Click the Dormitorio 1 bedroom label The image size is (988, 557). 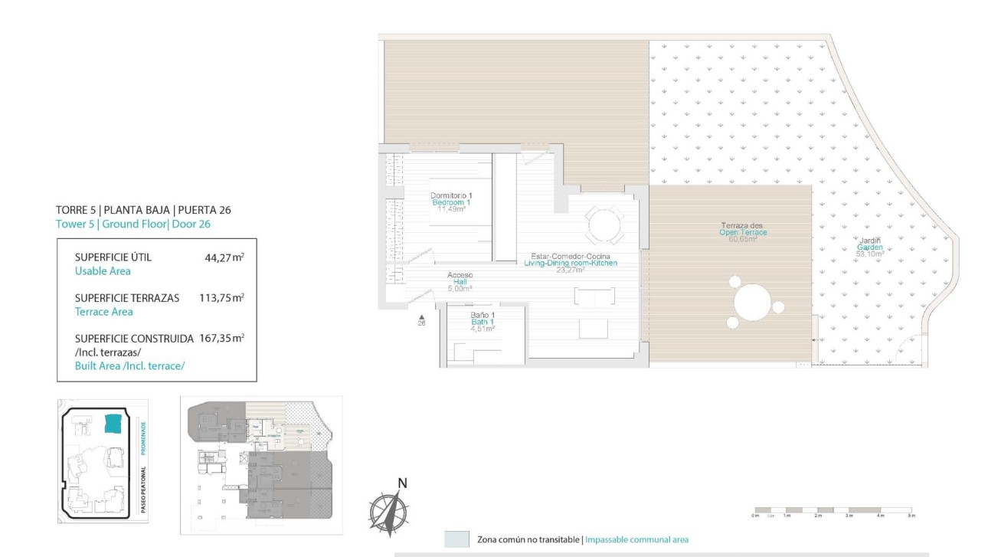click(x=451, y=195)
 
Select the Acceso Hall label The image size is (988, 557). click(x=460, y=275)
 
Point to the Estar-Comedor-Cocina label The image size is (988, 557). click(x=570, y=256)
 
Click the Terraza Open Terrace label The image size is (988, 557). click(x=741, y=226)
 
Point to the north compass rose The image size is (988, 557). click(x=391, y=507)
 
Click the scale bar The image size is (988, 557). click(x=833, y=510)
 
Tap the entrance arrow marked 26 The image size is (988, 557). click(x=420, y=317)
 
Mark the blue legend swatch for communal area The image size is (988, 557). click(x=456, y=539)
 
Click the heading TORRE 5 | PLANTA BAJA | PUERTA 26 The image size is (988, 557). click(x=143, y=209)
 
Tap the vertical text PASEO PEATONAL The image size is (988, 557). click(x=142, y=490)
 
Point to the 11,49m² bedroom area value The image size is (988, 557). click(x=451, y=209)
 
